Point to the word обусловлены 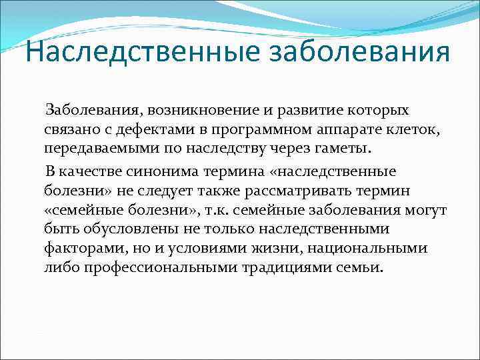(x=133, y=231)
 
